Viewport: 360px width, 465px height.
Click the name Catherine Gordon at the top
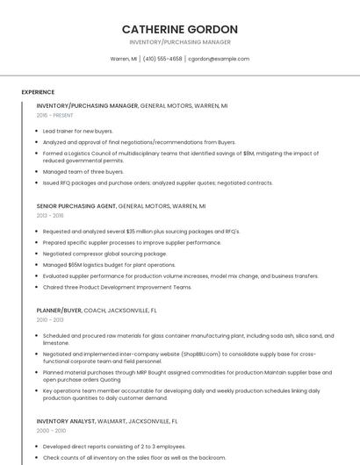click(180, 29)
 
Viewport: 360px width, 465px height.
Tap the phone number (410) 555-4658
click(162, 59)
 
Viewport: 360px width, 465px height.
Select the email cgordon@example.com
click(219, 59)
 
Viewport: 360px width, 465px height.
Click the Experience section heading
click(38, 92)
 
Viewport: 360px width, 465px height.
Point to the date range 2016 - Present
click(55, 115)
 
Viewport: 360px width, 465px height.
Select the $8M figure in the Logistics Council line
click(249, 153)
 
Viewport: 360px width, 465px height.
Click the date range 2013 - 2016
click(50, 215)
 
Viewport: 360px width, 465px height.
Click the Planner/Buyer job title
click(60, 310)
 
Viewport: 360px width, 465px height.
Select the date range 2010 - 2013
click(50, 319)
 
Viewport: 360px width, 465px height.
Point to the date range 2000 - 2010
click(50, 431)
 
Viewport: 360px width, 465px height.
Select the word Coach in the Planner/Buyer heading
click(94, 310)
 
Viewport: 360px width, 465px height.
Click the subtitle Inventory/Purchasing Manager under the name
click(180, 42)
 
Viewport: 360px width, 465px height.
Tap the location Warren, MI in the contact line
click(123, 59)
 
